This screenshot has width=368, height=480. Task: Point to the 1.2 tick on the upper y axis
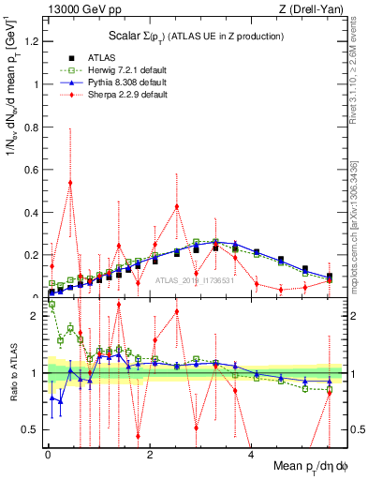(x=34, y=41)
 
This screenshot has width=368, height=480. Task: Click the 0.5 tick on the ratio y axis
(x=34, y=429)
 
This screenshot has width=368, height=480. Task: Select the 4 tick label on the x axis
(x=251, y=455)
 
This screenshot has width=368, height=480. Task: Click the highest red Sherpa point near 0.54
(x=70, y=182)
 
